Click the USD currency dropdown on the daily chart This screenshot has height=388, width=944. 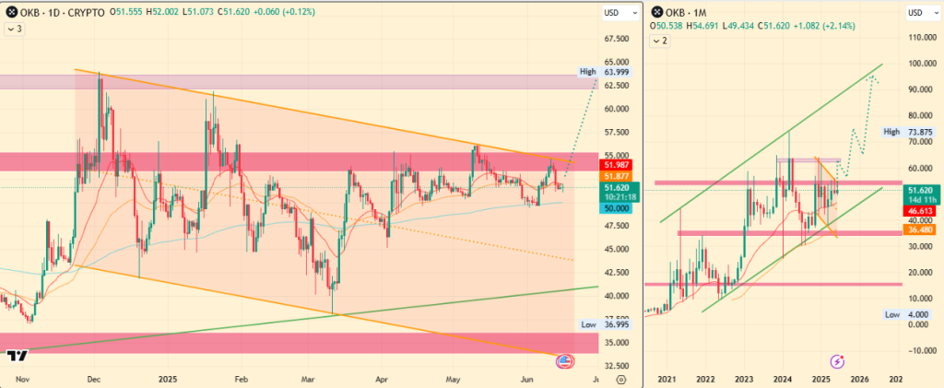coord(611,13)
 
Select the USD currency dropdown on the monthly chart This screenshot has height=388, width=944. coord(919,13)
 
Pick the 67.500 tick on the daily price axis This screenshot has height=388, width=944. coord(617,40)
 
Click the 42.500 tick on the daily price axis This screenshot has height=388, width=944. coord(617,273)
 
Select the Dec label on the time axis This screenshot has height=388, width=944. coord(93,378)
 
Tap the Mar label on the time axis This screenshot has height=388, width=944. coord(310,378)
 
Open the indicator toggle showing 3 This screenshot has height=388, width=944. coord(15,29)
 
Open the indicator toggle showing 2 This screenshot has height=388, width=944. coord(661,41)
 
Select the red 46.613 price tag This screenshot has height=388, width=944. coord(921,211)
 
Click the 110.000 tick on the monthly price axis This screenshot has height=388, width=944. coord(921,38)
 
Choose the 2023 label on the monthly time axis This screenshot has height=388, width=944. coord(744,379)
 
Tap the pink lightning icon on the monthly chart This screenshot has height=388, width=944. coord(839,361)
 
